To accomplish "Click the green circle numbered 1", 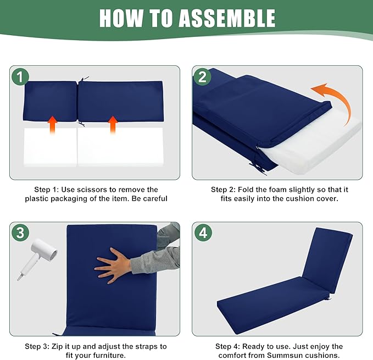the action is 20,76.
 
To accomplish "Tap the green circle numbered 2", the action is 202,76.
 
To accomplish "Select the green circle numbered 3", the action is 20,232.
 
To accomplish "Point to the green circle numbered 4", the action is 203,232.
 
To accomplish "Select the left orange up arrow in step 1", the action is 52,125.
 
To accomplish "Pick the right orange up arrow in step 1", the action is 113,125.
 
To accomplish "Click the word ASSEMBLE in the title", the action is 227,18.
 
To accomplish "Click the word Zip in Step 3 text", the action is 57,346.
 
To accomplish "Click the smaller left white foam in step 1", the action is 51,147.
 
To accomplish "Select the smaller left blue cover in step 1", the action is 51,101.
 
